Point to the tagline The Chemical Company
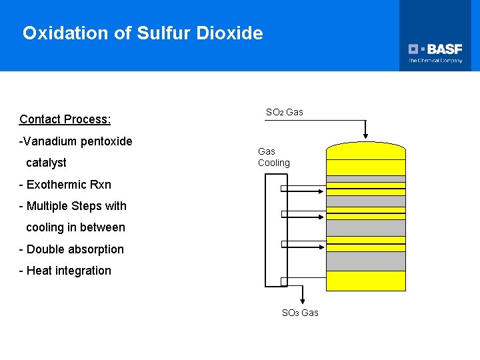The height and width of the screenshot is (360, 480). coord(435,61)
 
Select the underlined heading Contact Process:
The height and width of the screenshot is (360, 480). coord(65,119)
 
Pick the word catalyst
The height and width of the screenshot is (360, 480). coord(46,163)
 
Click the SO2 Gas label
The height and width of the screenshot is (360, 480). coord(284,112)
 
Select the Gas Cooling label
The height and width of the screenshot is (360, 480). coord(273,157)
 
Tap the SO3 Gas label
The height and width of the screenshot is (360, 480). coord(300,313)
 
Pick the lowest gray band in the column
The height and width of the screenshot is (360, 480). coord(366,261)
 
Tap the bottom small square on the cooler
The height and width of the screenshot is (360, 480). coord(283,281)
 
